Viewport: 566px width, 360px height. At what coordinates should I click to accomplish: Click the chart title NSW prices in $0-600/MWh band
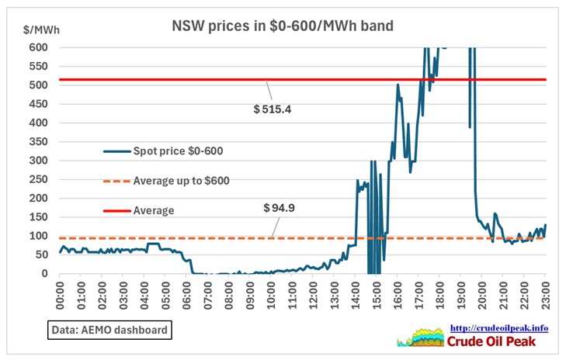pos(283,26)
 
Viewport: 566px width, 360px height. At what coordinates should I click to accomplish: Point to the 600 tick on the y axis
pos(39,47)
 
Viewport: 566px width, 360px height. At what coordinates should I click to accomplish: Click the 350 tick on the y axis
pos(39,141)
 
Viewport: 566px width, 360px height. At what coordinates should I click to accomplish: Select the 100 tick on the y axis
pos(39,236)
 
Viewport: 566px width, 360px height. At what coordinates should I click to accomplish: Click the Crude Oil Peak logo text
pos(498,341)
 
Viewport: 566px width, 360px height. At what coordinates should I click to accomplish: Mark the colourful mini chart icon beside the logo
pos(420,337)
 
